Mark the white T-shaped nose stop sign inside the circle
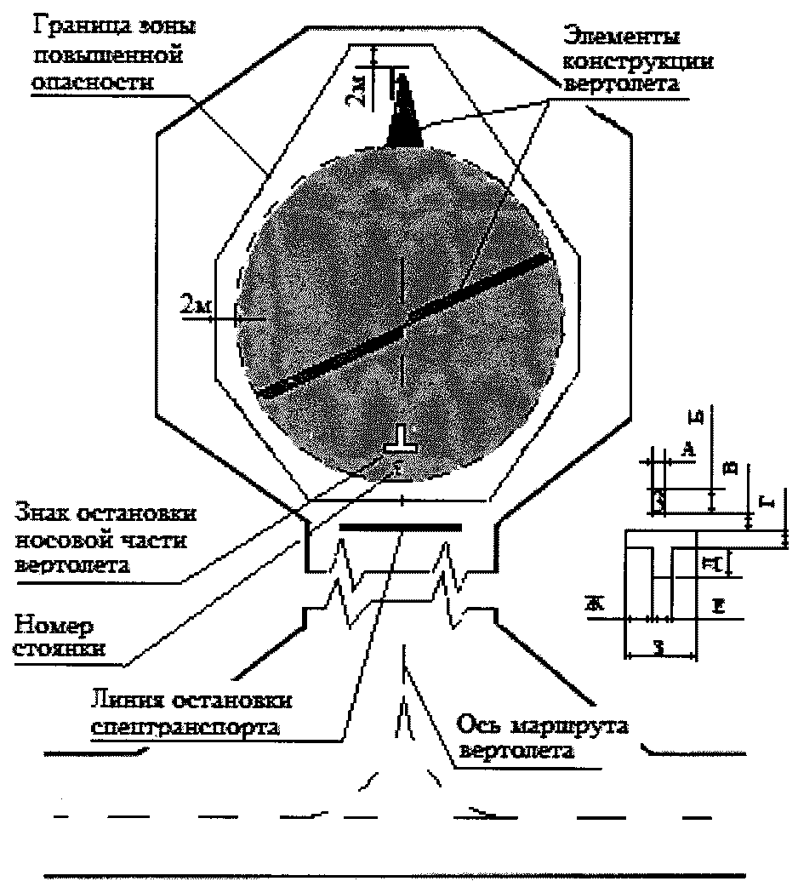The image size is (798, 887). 399,440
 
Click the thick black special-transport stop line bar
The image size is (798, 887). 400,528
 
